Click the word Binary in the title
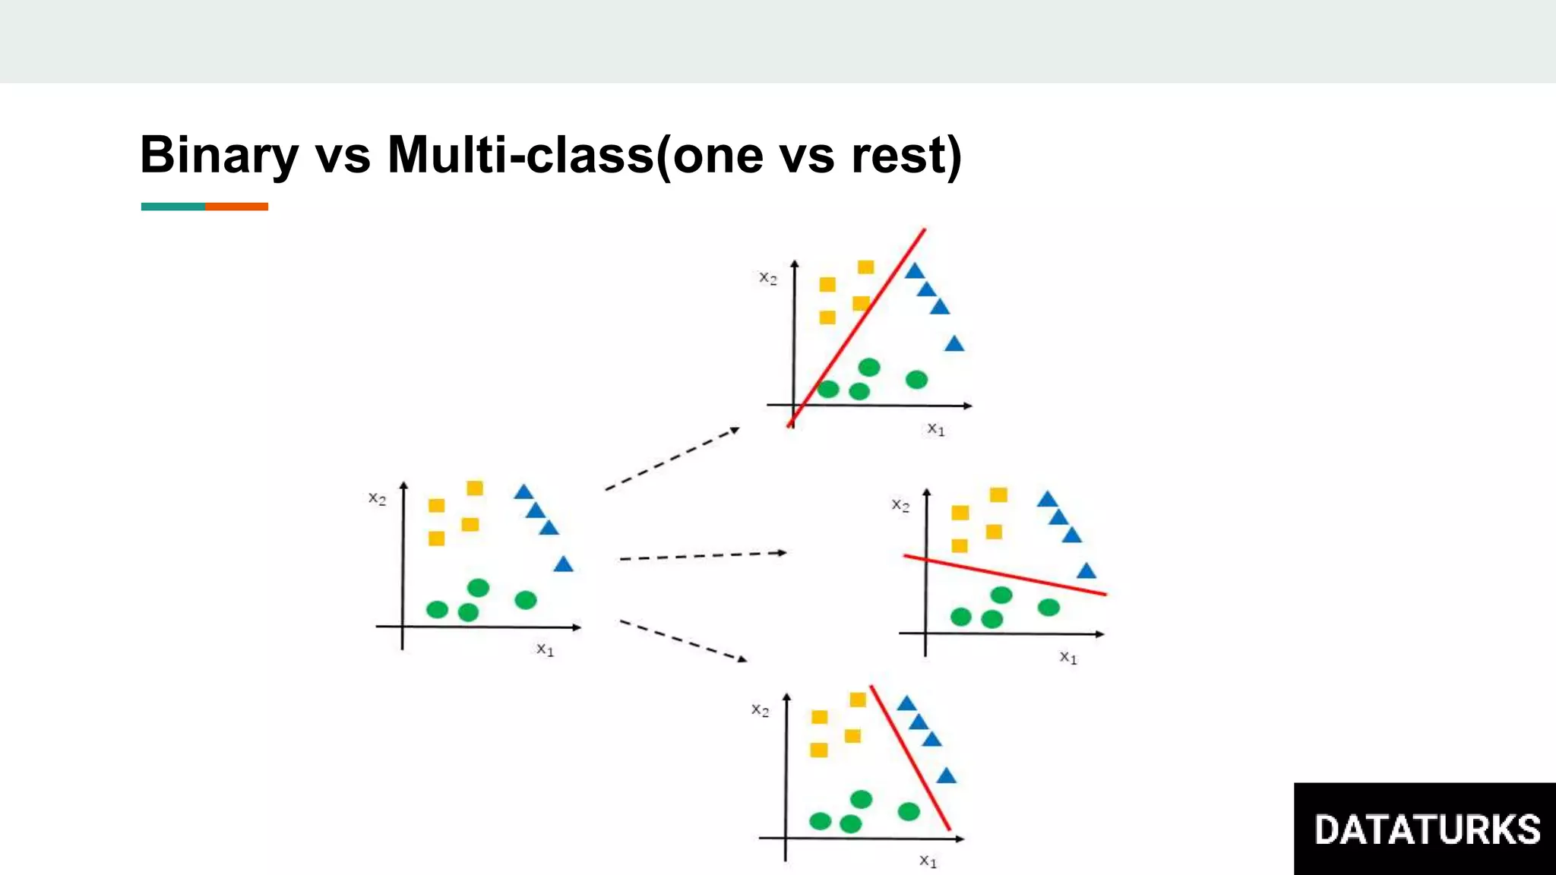(219, 156)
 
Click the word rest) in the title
(906, 156)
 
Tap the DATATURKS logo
(1426, 829)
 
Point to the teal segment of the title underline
(172, 207)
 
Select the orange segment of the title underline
(236, 207)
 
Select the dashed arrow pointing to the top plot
(672, 459)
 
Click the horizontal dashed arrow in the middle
(703, 556)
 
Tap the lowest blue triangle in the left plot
(563, 564)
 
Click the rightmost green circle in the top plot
(917, 379)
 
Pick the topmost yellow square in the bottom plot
(858, 700)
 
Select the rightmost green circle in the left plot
(526, 600)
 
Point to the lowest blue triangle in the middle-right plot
(1086, 571)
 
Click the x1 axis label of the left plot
(546, 649)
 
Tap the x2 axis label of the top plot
(768, 278)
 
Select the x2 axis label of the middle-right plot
(900, 505)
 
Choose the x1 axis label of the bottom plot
(928, 861)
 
